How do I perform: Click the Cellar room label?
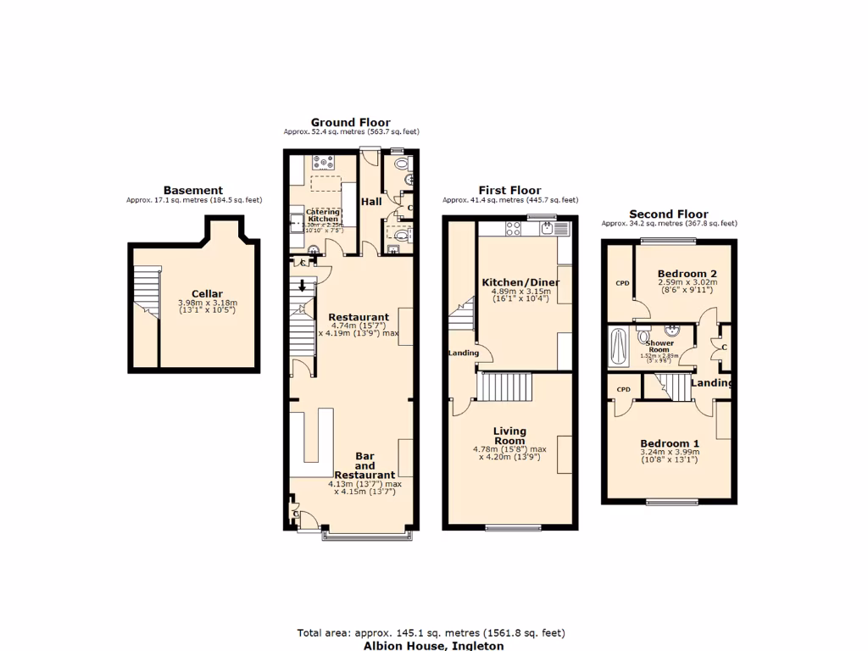(x=207, y=294)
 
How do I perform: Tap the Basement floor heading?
(x=193, y=190)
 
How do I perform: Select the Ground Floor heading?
(x=350, y=122)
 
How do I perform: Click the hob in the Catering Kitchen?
(x=325, y=161)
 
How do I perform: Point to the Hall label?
(x=371, y=203)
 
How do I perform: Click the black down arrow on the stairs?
(x=303, y=286)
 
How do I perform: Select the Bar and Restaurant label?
(x=364, y=465)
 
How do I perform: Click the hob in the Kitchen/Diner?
(x=514, y=227)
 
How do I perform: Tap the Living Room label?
(x=509, y=436)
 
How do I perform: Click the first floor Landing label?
(x=465, y=353)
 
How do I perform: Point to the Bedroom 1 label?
(x=670, y=443)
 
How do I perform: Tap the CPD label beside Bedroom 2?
(x=623, y=282)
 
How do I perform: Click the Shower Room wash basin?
(x=676, y=331)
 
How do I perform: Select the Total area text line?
(x=431, y=632)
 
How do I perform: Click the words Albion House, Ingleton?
(x=433, y=645)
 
